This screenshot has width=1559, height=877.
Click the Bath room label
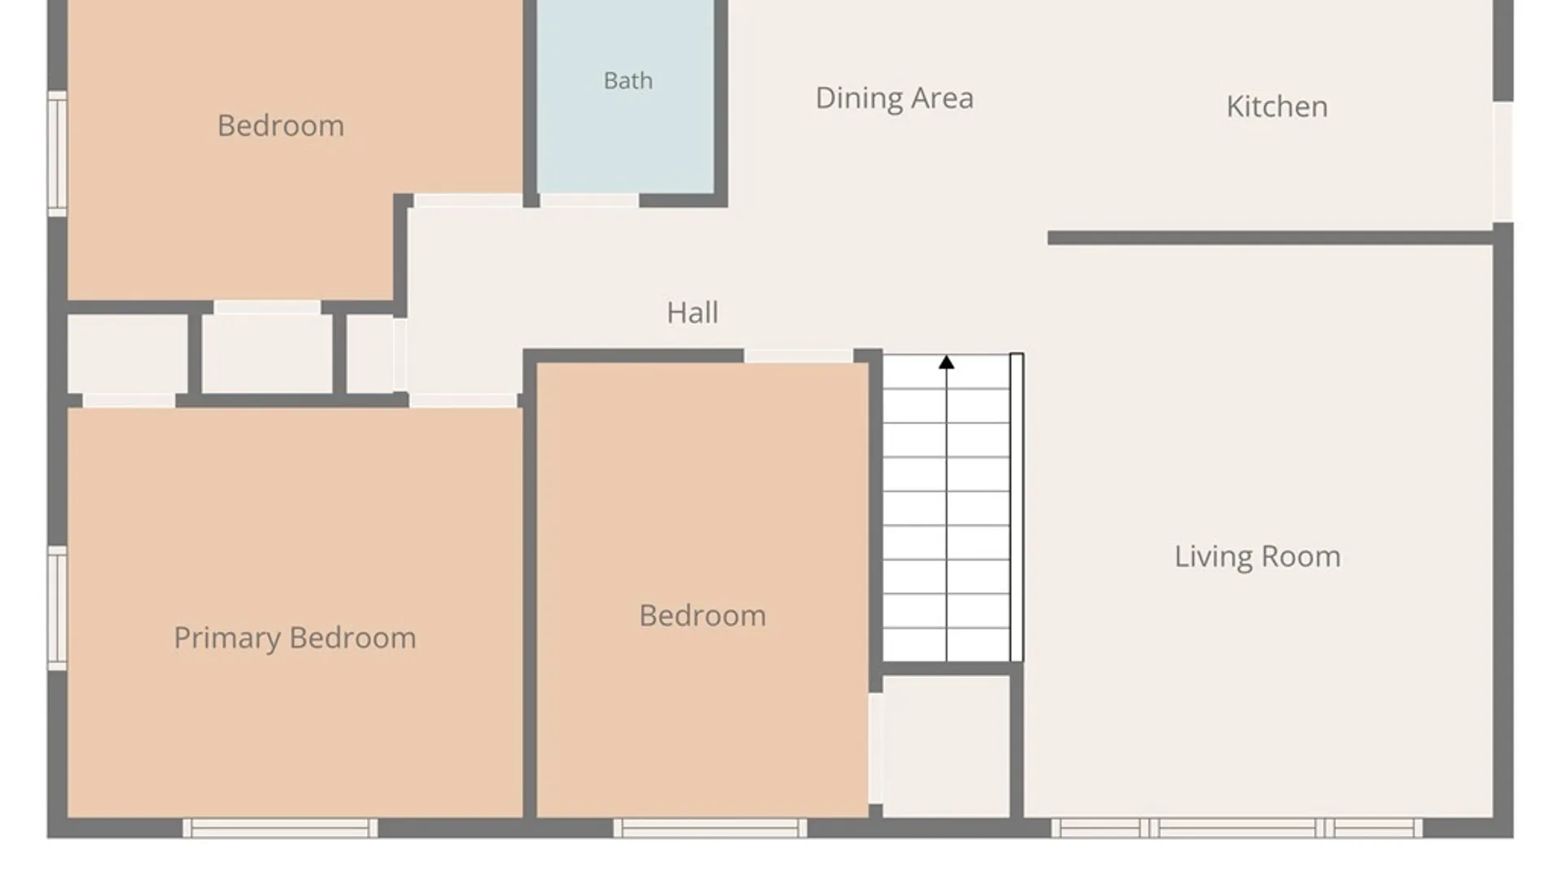[628, 80]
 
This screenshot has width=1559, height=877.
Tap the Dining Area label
[894, 98]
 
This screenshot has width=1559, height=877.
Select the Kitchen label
[1276, 106]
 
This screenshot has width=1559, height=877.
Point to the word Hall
[692, 313]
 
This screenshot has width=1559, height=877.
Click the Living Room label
[1257, 556]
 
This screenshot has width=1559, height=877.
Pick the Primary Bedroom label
[295, 638]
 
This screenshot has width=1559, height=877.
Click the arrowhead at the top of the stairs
[946, 362]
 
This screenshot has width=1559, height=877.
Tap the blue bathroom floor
[625, 97]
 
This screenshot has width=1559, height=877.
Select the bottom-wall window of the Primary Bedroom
[280, 827]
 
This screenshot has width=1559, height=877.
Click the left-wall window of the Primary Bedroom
[57, 608]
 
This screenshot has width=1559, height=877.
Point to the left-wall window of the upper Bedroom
[57, 153]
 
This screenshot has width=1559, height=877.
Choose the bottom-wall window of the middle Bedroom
[710, 827]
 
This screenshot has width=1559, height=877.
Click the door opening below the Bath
[589, 200]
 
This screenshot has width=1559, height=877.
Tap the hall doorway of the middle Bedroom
[798, 356]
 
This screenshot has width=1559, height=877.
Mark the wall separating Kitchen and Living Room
[1271, 238]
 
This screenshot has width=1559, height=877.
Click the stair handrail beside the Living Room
[1017, 508]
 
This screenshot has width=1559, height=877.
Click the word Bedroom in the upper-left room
[281, 126]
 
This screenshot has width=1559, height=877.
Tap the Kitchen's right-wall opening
[1503, 162]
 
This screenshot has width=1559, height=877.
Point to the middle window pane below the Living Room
[1237, 827]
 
